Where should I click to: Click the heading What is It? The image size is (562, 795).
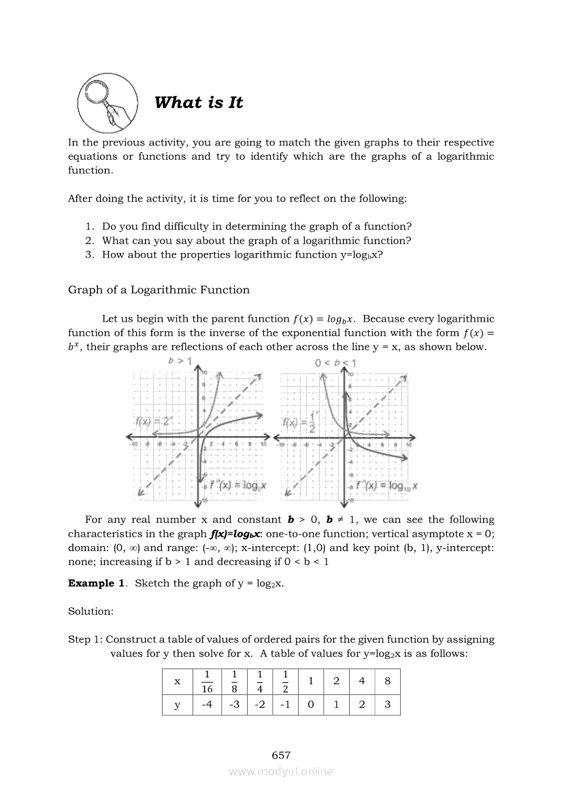pyautogui.click(x=198, y=103)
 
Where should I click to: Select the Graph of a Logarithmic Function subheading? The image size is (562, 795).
pyautogui.click(x=159, y=290)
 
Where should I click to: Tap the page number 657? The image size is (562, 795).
pyautogui.click(x=281, y=755)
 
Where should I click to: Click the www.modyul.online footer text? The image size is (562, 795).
pyautogui.click(x=281, y=771)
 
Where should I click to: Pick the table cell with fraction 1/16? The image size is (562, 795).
pyautogui.click(x=208, y=681)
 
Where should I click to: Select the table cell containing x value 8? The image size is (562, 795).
pyautogui.click(x=387, y=681)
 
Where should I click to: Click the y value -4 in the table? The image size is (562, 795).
pyautogui.click(x=208, y=705)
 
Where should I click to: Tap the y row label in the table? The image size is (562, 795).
pyautogui.click(x=178, y=705)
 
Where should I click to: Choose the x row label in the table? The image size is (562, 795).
pyautogui.click(x=178, y=681)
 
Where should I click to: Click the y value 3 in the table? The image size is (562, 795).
pyautogui.click(x=387, y=705)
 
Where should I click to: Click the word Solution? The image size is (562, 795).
pyautogui.click(x=90, y=611)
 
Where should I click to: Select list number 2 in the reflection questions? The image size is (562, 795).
pyautogui.click(x=89, y=240)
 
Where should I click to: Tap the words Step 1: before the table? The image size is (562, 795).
pyautogui.click(x=86, y=639)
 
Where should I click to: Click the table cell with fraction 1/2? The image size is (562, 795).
pyautogui.click(x=285, y=681)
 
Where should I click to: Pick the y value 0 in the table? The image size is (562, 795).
pyautogui.click(x=310, y=705)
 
